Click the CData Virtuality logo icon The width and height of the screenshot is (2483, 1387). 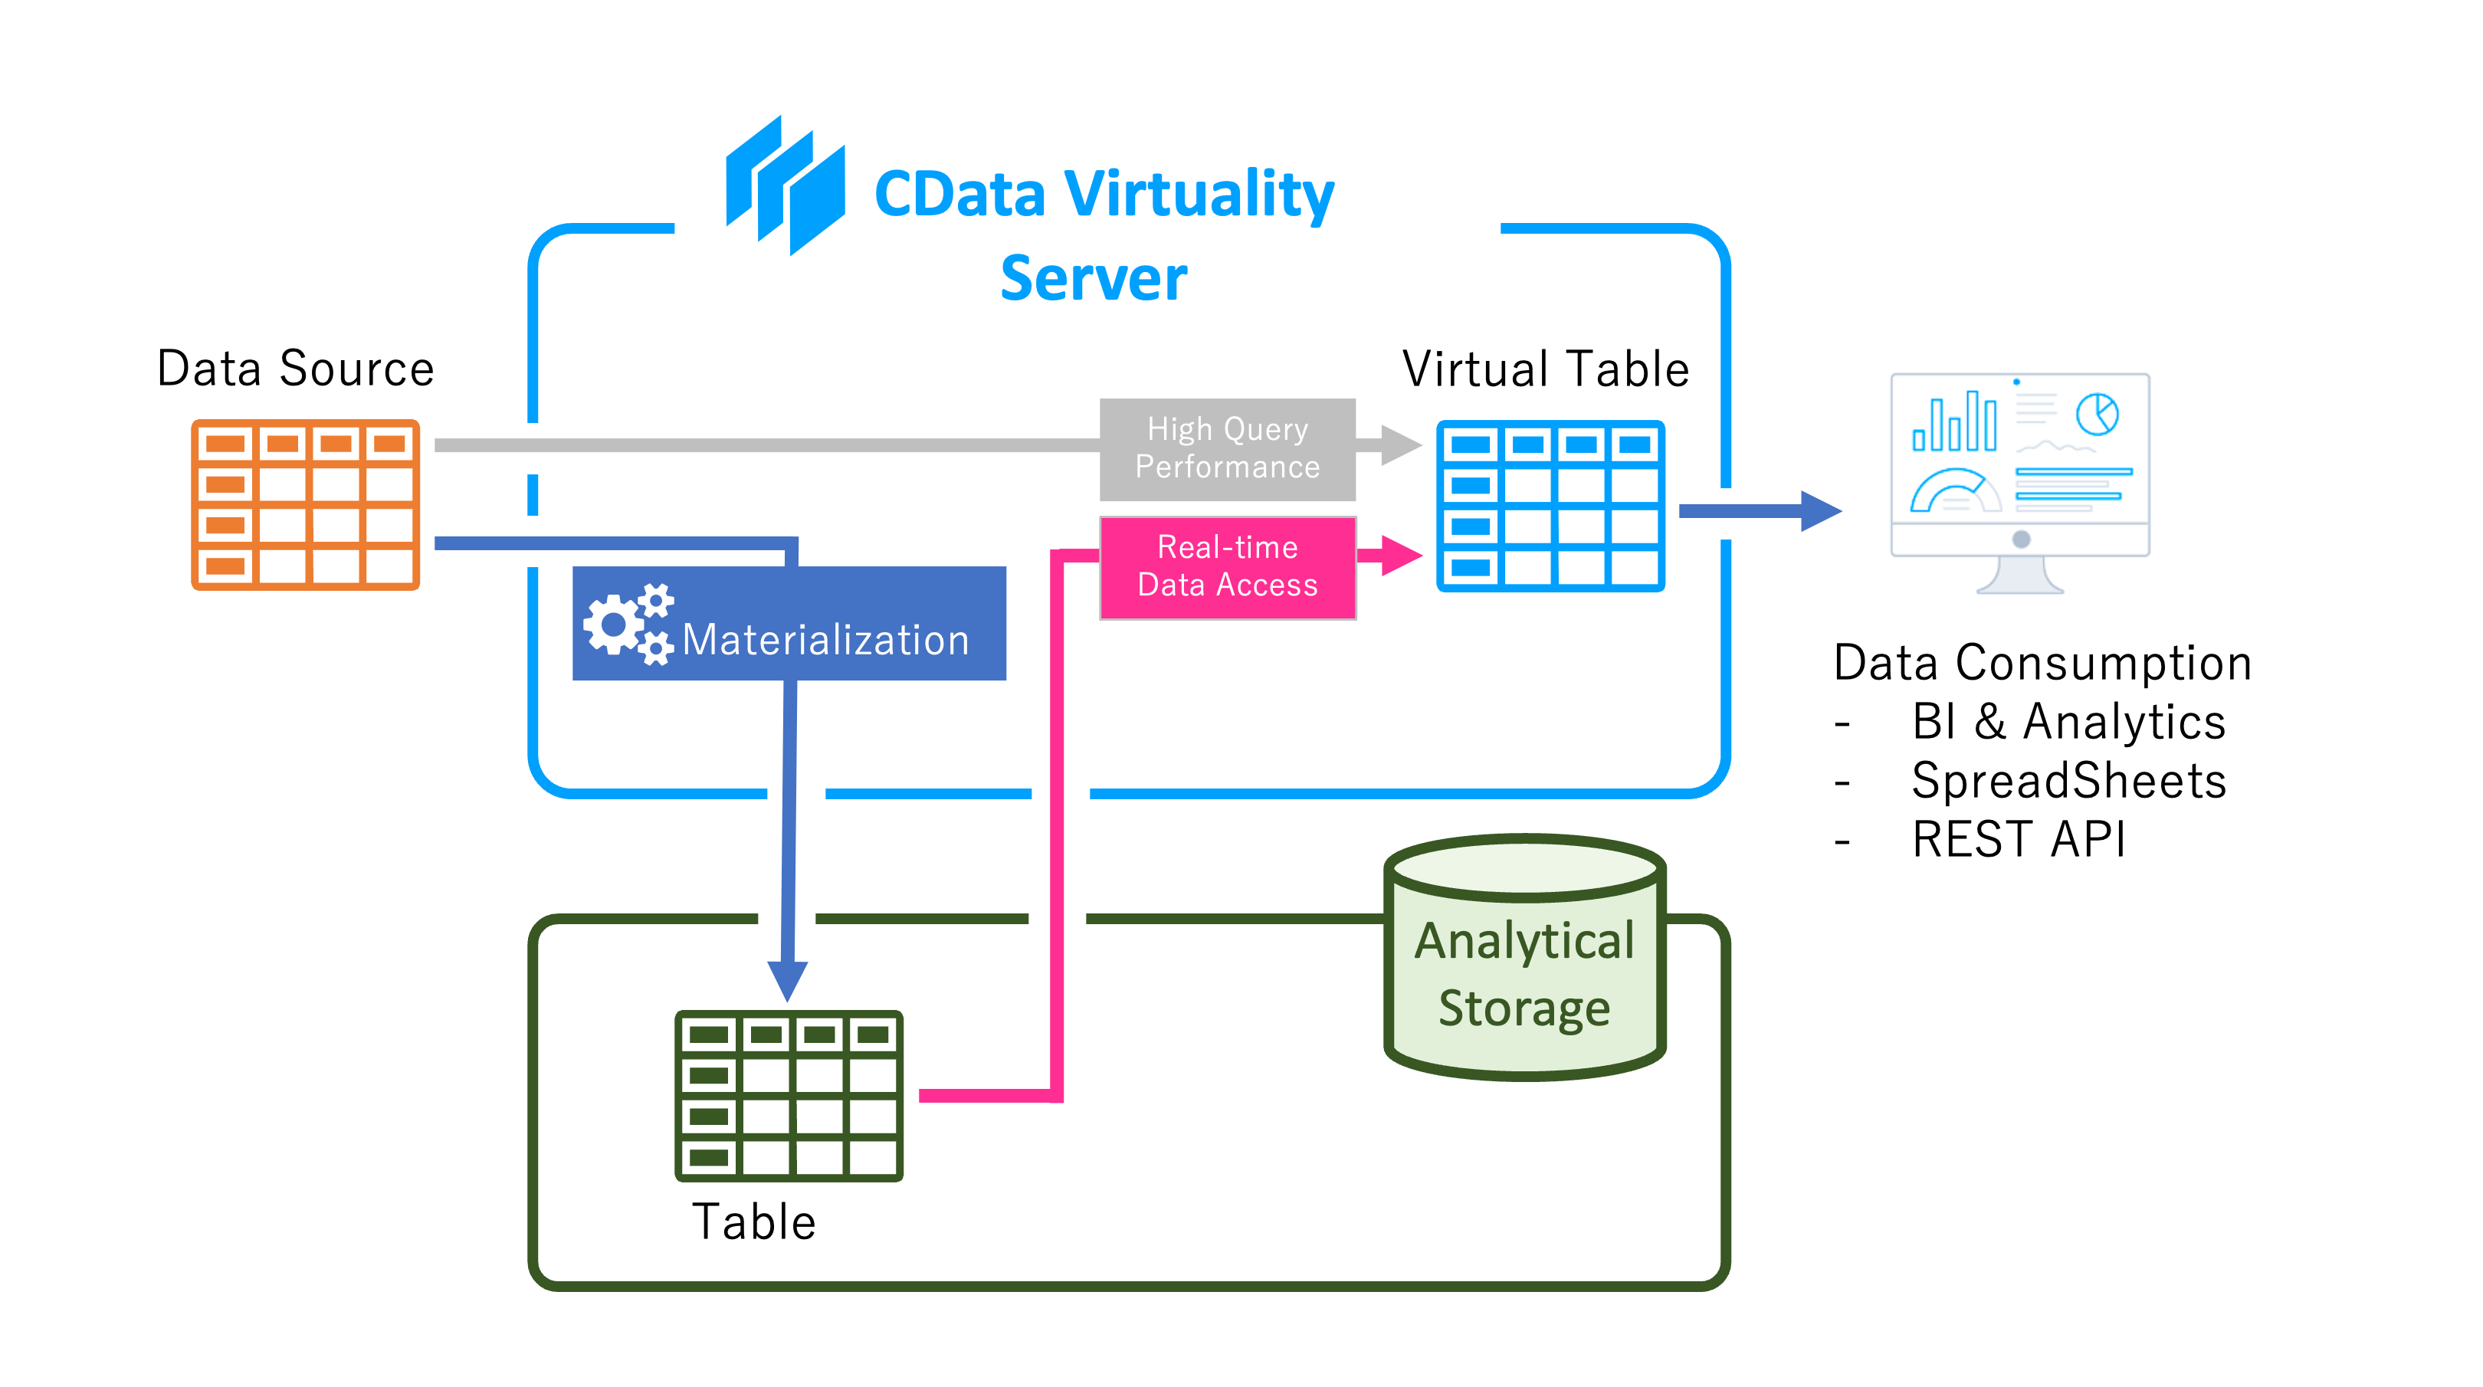(x=786, y=186)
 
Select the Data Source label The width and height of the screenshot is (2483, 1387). (x=295, y=368)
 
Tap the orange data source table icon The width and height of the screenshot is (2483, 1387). (x=306, y=504)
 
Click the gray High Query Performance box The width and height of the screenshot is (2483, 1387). (x=1227, y=449)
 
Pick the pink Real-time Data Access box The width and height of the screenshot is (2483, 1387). (x=1227, y=567)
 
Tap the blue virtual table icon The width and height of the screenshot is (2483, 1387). (x=1550, y=505)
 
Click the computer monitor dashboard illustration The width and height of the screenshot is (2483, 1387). (x=2019, y=482)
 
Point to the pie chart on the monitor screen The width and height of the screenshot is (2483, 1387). (x=2097, y=415)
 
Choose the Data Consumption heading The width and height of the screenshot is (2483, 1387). (x=2042, y=663)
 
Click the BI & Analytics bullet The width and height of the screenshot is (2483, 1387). (x=2068, y=722)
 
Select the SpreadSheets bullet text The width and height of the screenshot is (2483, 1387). (x=2068, y=781)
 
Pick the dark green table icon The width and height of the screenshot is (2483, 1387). (x=789, y=1095)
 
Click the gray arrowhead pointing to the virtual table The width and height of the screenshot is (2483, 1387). (x=1399, y=445)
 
